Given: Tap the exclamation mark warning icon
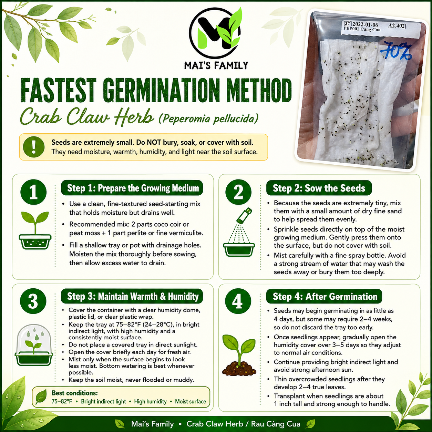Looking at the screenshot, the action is pos(34,147).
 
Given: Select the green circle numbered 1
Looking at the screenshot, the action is pos(33,192).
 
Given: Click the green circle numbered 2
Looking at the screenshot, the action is pos(238,192).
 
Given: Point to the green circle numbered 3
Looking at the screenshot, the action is pos(33,301).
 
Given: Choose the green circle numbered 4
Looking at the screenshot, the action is pos(238,301).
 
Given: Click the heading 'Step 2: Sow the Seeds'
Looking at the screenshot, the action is pos(319,188).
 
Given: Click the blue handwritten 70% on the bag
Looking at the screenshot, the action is pos(396,52).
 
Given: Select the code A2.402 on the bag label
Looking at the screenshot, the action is pos(397,26).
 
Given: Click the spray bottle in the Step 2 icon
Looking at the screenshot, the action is pos(245,215).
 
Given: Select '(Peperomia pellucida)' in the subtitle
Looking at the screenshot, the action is pos(208,119).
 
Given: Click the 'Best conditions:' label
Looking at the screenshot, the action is pos(75,393).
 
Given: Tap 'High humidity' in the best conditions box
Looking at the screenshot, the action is pos(151,401).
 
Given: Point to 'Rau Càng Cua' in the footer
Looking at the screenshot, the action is pos(276,424).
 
